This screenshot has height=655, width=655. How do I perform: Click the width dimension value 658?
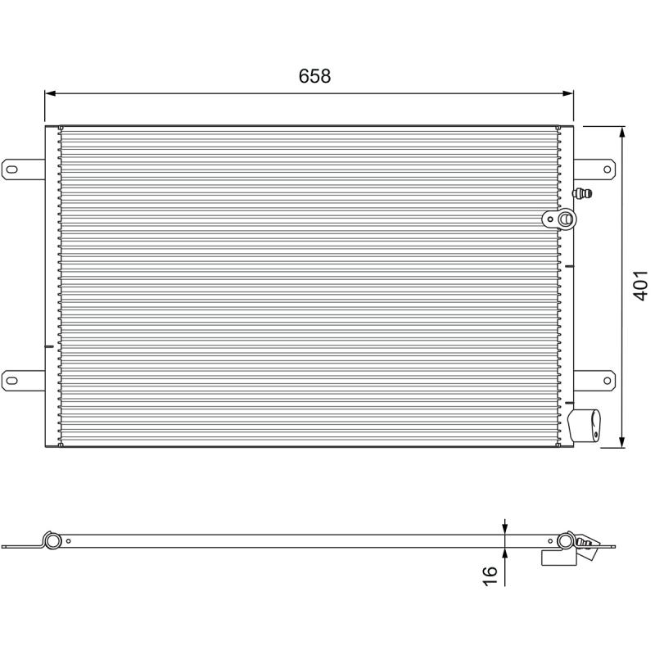314,76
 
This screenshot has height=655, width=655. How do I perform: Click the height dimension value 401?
640,285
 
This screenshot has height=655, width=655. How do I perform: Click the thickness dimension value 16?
490,576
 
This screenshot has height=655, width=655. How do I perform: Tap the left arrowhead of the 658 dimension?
50,93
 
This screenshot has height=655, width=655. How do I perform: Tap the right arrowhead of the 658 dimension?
568,93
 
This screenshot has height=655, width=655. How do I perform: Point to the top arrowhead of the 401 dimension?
622,132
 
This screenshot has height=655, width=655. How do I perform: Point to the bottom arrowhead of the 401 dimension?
622,442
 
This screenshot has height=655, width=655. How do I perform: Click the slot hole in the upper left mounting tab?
12,169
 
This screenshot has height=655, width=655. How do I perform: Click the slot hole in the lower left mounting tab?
12,381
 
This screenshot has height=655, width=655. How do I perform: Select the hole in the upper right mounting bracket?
607,169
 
